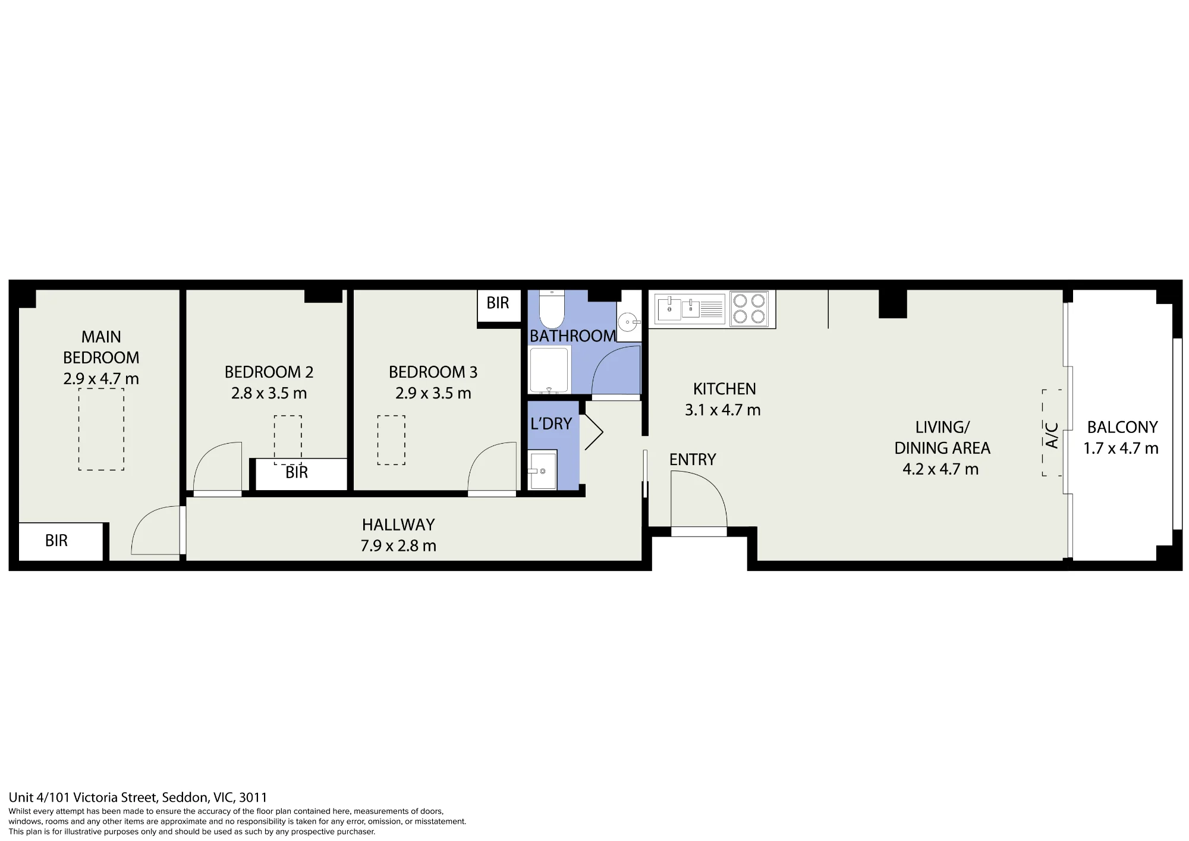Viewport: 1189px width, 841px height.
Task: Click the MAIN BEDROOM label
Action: click(x=101, y=347)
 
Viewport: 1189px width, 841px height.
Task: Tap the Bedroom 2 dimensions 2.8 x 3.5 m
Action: click(x=269, y=393)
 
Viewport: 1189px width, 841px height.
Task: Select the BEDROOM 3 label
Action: click(x=433, y=372)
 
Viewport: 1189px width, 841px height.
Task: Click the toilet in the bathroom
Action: click(x=551, y=309)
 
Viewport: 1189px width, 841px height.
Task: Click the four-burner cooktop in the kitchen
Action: click(x=748, y=309)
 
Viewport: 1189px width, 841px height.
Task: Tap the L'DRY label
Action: click(x=551, y=423)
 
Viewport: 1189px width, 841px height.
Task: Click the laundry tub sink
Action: click(x=542, y=470)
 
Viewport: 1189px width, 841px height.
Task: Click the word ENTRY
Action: click(x=693, y=459)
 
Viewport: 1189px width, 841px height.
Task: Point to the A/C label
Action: click(x=1052, y=435)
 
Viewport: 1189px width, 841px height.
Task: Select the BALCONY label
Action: click(x=1122, y=427)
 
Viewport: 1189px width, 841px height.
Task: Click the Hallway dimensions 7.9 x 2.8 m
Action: click(x=398, y=546)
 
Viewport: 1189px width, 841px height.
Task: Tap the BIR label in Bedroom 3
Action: click(x=498, y=303)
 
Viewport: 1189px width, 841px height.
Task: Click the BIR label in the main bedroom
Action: click(x=56, y=541)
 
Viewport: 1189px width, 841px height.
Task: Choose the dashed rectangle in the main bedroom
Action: click(x=101, y=429)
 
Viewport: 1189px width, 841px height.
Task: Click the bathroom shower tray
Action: click(x=549, y=371)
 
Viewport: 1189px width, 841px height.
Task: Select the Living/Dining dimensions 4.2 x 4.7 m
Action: click(x=940, y=469)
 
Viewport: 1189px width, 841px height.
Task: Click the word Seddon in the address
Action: click(x=184, y=798)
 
